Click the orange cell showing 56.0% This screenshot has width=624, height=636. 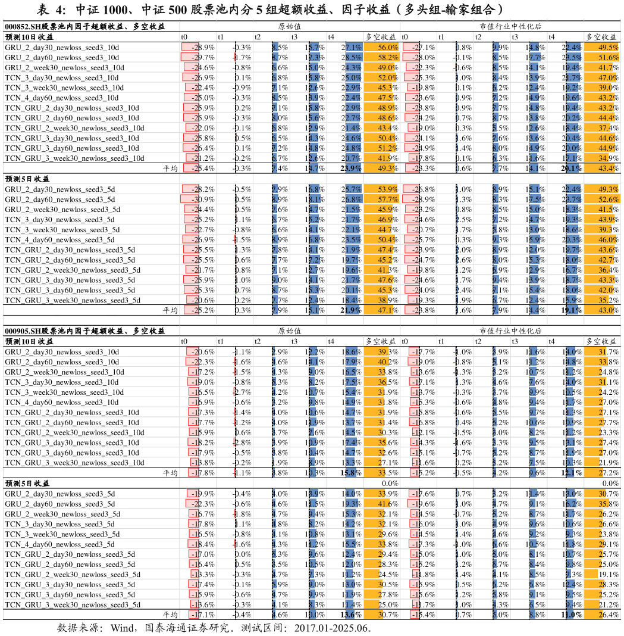coord(381,47)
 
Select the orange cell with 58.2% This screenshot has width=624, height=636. coord(381,57)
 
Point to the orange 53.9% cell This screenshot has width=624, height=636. coord(381,189)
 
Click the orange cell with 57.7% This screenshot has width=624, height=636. coord(381,199)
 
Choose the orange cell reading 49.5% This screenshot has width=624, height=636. coord(601,47)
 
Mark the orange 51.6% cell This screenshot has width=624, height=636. coord(601,57)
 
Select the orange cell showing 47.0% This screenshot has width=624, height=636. coord(601,77)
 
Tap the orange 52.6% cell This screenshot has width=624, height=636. coord(601,199)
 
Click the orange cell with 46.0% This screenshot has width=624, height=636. coord(601,239)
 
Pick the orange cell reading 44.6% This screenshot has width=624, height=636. coord(601,138)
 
